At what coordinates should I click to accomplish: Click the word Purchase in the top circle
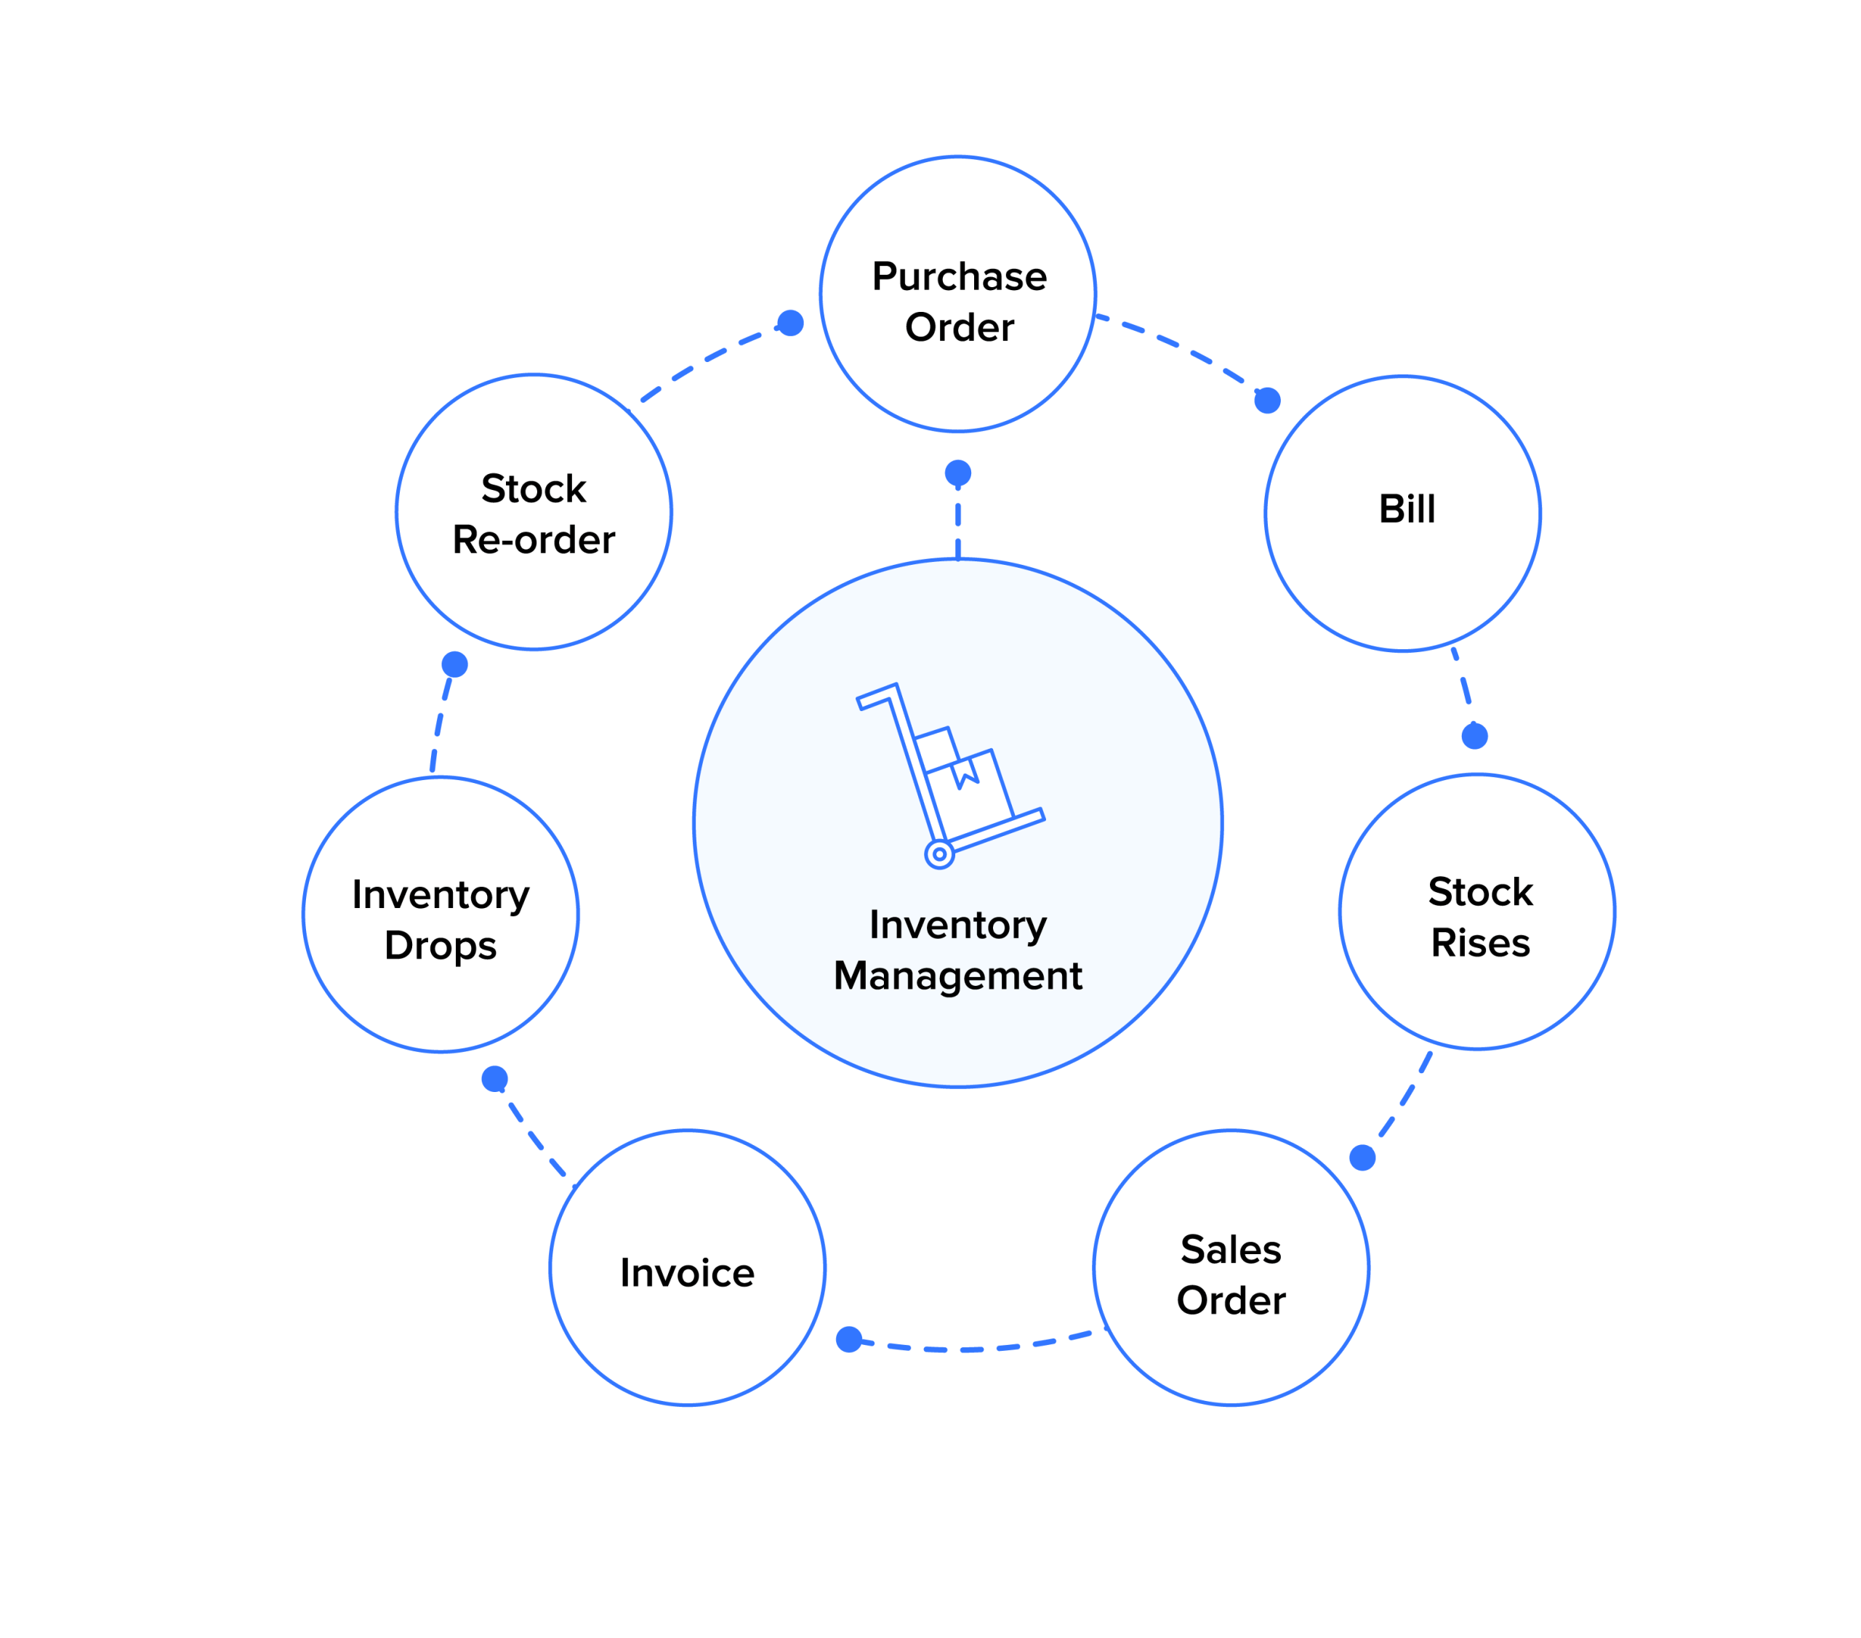pyautogui.click(x=959, y=277)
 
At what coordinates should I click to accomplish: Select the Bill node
pyautogui.click(x=1406, y=510)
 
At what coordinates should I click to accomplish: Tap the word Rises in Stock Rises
pyautogui.click(x=1479, y=943)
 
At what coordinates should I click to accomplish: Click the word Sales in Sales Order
pyautogui.click(x=1231, y=1249)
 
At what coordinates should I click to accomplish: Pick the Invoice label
pyautogui.click(x=688, y=1273)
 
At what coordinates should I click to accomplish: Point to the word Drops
pyautogui.click(x=441, y=946)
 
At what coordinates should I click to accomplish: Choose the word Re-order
pyautogui.click(x=534, y=541)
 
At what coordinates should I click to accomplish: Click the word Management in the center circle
pyautogui.click(x=958, y=976)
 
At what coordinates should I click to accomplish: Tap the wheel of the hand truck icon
pyautogui.click(x=938, y=854)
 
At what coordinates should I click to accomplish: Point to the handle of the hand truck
pyautogui.click(x=876, y=696)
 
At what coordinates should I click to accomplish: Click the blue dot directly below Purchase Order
pyautogui.click(x=958, y=473)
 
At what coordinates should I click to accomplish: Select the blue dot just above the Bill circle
pyautogui.click(x=1267, y=400)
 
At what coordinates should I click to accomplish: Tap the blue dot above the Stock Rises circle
pyautogui.click(x=1475, y=736)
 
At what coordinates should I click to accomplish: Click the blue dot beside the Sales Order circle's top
pyautogui.click(x=1362, y=1157)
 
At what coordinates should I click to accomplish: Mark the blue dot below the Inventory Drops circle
pyautogui.click(x=494, y=1079)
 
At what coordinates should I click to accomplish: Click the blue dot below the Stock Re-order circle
pyautogui.click(x=454, y=665)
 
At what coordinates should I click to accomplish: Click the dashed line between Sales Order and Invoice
pyautogui.click(x=974, y=1349)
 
